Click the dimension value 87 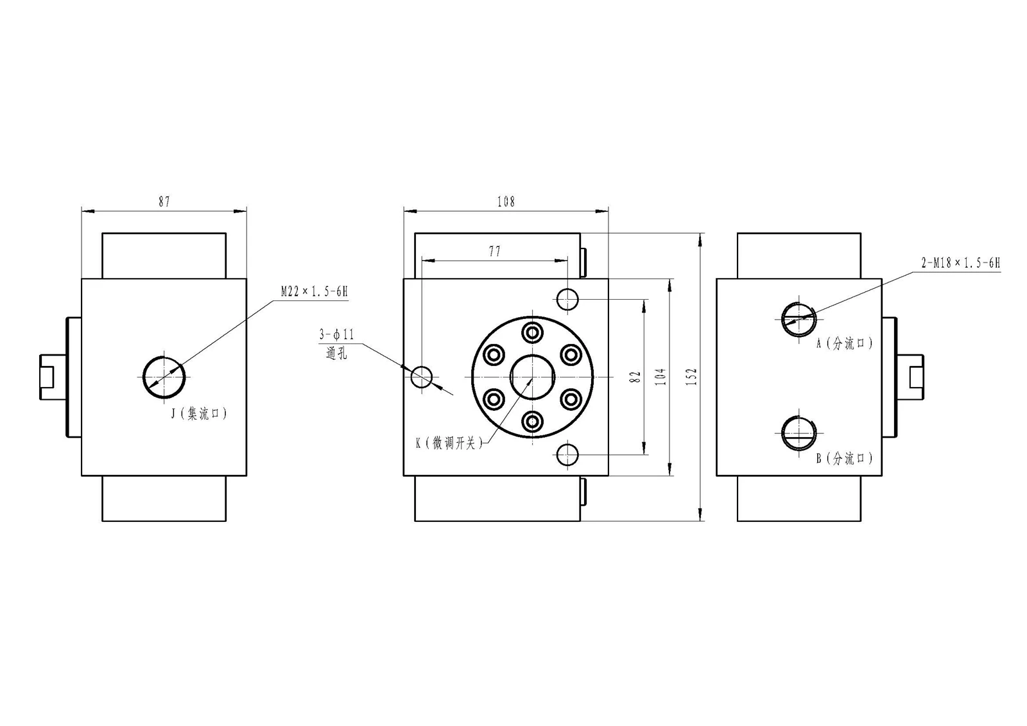pos(164,202)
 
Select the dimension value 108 pos(506,202)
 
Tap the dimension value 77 pos(495,251)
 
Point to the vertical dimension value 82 pos(635,377)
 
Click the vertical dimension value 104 pos(660,377)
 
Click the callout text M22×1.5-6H pos(315,291)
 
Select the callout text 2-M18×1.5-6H pos(961,263)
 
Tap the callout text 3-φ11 pos(337,334)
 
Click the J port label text pos(200,414)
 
